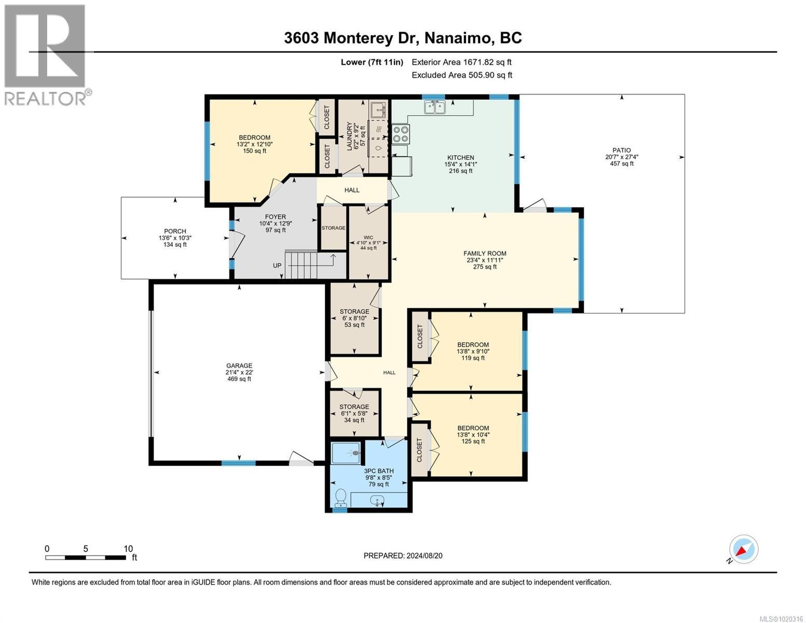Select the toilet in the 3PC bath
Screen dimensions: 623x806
(x=341, y=497)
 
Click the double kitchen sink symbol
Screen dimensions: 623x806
(x=434, y=107)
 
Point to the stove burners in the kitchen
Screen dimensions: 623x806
(x=400, y=134)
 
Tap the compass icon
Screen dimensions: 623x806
(x=743, y=549)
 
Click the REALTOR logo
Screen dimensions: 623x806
(x=46, y=55)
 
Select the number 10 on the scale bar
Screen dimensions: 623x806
(x=128, y=548)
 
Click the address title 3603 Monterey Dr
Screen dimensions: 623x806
(x=403, y=38)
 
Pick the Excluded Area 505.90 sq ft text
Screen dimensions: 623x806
(x=461, y=75)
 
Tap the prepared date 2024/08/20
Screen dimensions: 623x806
(x=403, y=556)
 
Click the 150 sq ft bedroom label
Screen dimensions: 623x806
(x=254, y=144)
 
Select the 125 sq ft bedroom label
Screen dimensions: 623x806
(x=472, y=435)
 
